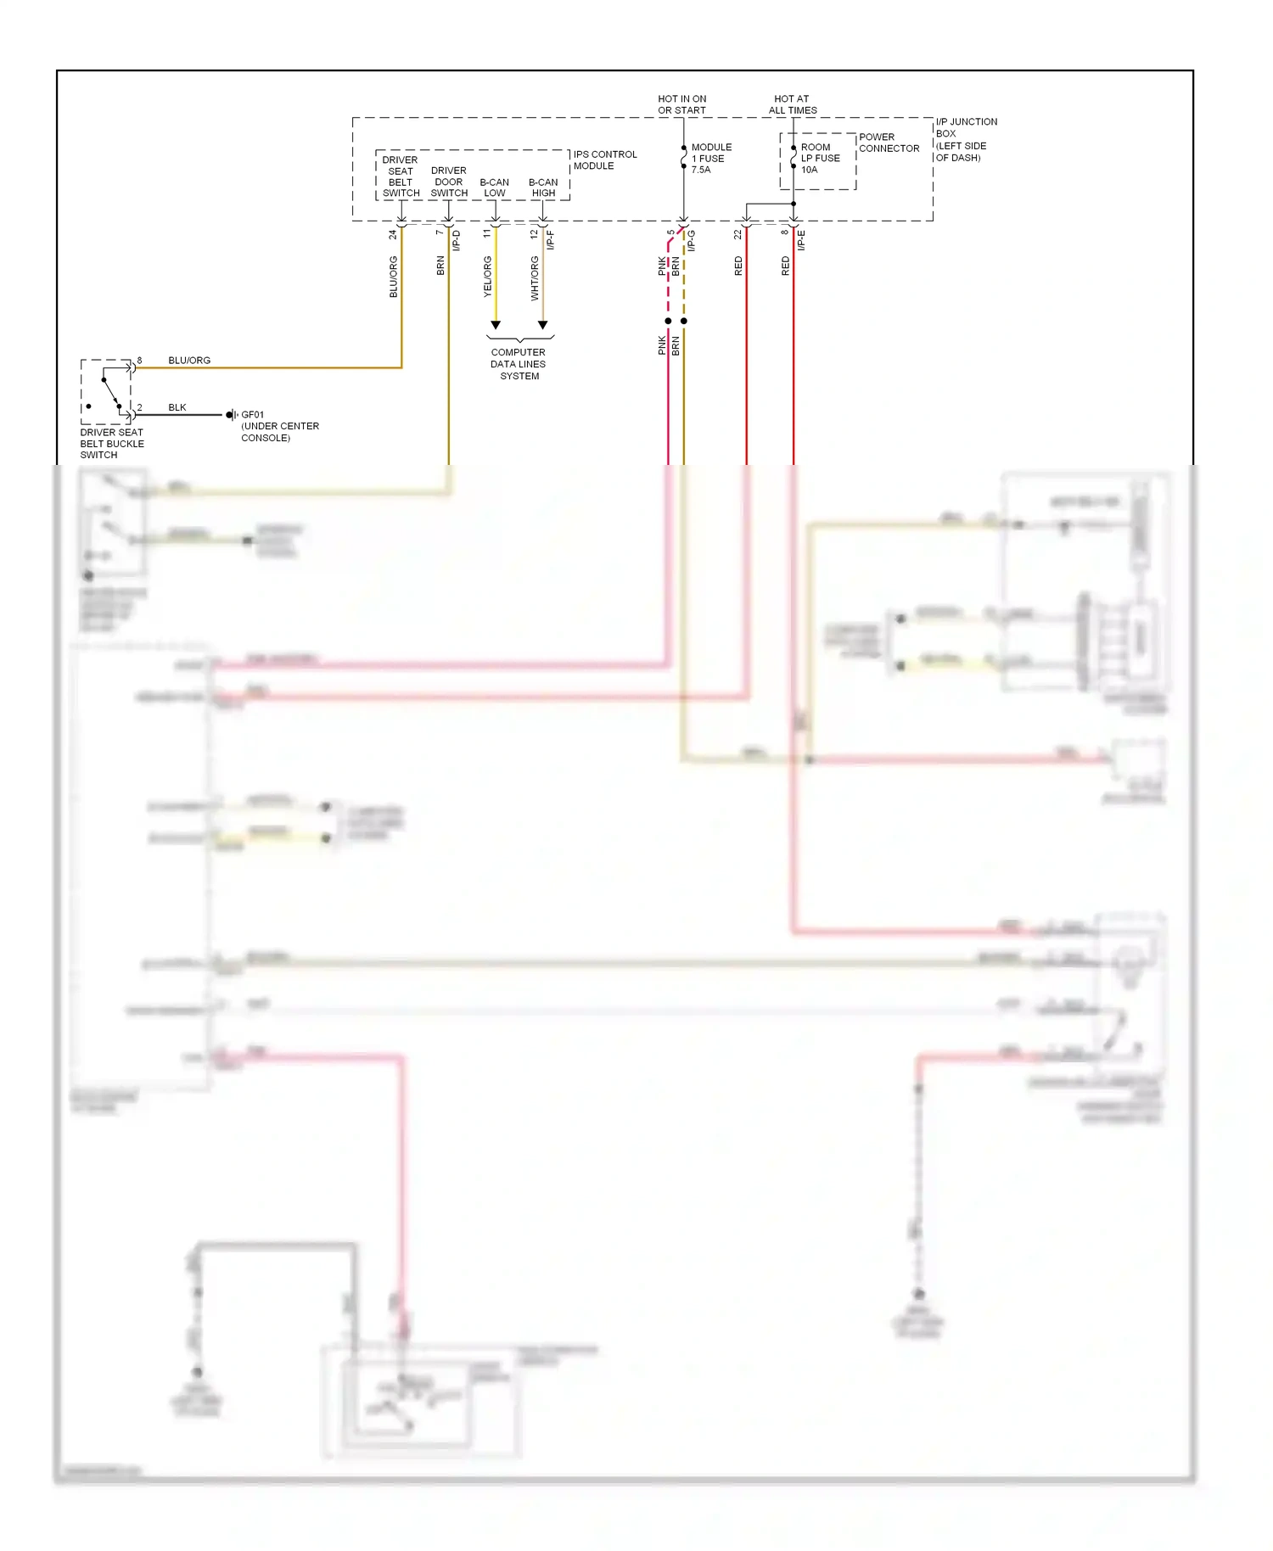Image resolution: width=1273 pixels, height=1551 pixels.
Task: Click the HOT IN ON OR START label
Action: (681, 104)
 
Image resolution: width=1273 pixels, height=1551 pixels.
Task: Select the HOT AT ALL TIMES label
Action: (793, 104)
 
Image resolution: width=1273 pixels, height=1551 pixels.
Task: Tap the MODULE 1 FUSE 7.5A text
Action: (710, 159)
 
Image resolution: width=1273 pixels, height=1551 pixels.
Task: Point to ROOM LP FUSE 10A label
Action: (820, 159)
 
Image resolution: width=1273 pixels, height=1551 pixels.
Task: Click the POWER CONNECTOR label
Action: (889, 143)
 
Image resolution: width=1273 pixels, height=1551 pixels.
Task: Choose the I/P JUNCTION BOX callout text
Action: (966, 140)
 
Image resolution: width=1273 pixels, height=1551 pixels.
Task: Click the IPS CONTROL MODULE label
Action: (604, 160)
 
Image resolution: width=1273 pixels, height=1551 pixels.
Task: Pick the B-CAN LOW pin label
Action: (494, 188)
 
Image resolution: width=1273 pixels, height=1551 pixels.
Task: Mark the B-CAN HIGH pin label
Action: (543, 188)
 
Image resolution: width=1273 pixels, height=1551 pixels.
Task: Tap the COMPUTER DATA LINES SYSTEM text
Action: (519, 364)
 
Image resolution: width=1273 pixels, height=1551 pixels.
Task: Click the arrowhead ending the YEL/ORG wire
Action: (496, 325)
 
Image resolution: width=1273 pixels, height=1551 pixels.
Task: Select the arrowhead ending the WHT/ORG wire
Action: (543, 325)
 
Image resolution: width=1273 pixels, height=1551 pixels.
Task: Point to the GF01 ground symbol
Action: (231, 415)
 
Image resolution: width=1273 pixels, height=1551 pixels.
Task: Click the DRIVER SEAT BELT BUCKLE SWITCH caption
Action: (112, 444)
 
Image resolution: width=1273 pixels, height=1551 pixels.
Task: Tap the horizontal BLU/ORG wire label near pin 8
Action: (189, 361)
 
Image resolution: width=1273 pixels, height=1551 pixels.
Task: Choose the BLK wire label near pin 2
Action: (177, 407)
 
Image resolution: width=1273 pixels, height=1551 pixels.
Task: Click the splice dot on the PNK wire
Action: (668, 321)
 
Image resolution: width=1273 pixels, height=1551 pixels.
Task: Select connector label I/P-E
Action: (801, 240)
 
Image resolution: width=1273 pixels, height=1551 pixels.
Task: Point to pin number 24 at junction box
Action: (393, 234)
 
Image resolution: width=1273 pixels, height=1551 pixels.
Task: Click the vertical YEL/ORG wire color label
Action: (488, 277)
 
